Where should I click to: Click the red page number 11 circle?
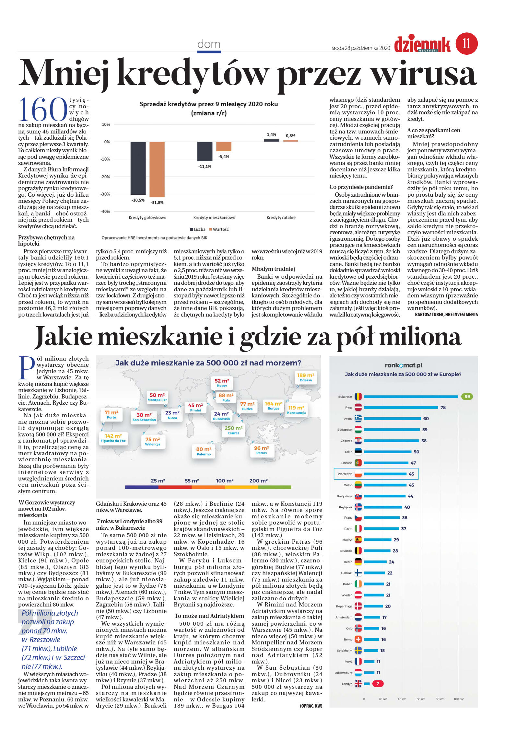[x=466, y=43]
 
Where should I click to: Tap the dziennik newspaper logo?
[x=422, y=45]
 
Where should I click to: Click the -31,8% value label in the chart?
[x=157, y=202]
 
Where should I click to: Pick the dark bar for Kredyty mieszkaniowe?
[x=205, y=151]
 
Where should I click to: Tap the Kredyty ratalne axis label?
[x=281, y=217]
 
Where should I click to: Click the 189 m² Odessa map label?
[x=305, y=377]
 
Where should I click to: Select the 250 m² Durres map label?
[x=233, y=430]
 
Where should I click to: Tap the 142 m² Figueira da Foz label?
[x=113, y=438]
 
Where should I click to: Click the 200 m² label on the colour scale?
[x=258, y=481]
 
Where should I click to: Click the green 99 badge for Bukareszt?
[x=467, y=397]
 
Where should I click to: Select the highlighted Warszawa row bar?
[x=385, y=474]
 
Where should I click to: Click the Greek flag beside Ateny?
[x=358, y=419]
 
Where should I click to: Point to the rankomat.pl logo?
[x=403, y=365]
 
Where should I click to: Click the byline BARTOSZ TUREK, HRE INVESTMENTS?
[x=446, y=314]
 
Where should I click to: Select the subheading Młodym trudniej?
[x=273, y=269]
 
